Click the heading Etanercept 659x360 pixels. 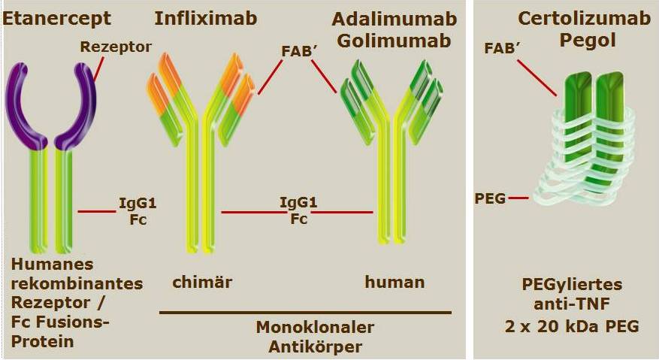[57, 19]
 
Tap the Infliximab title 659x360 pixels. [206, 19]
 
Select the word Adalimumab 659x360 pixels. [394, 19]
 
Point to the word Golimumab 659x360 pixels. [394, 41]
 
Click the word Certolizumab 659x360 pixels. [584, 18]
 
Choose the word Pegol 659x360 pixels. [588, 41]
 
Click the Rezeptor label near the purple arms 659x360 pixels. [116, 47]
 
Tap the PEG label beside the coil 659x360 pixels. [490, 198]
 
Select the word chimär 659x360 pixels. [202, 282]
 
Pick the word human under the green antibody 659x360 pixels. [394, 282]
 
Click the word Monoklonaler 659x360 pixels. [315, 327]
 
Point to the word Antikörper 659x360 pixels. [315, 347]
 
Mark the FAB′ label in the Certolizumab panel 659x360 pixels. [500, 48]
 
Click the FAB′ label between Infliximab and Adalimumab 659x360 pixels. [298, 51]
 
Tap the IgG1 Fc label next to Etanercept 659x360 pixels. [138, 211]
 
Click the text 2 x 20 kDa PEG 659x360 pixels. [572, 326]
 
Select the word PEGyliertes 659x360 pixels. [572, 284]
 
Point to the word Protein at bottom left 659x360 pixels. [42, 341]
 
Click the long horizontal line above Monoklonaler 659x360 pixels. [306, 313]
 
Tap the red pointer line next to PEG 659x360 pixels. [518, 198]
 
